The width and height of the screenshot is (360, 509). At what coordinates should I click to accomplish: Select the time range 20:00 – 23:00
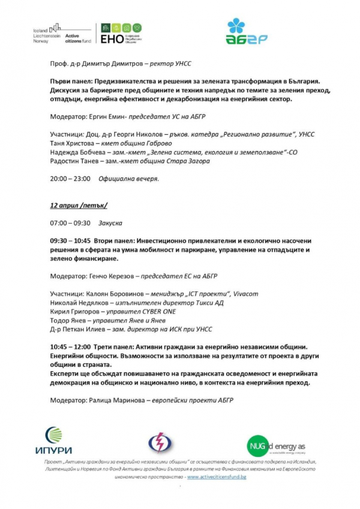70,179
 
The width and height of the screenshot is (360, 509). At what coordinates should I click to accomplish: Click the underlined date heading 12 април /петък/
78,205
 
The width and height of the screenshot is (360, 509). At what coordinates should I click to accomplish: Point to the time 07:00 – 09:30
70,223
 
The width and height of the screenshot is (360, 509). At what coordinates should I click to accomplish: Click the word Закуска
110,223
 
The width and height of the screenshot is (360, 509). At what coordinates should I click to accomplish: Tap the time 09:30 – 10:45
70,240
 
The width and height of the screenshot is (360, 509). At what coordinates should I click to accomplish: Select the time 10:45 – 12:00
70,347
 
